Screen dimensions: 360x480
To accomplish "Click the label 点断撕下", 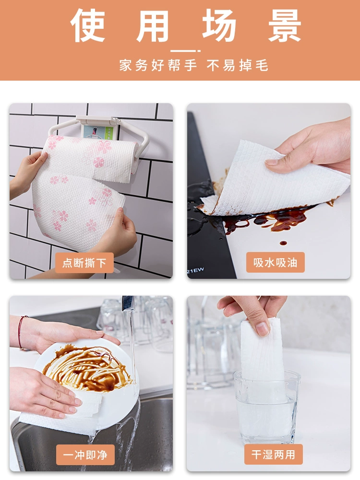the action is pos(84,263).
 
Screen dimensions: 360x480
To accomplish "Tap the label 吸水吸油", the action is pos(275,263).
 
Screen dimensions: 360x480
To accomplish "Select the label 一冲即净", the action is pos(85,455).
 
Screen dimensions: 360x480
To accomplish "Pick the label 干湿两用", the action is pos(274,454).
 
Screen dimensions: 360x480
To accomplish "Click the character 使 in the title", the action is pos(88,25).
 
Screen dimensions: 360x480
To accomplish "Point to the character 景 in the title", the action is pos(285,25).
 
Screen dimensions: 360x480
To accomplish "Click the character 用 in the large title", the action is pos(153,26).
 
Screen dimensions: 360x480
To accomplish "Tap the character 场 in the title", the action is pos(219,25).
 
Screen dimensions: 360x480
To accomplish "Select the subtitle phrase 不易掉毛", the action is pos(238,65).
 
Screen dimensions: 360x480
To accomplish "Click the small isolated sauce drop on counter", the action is pos(284,243).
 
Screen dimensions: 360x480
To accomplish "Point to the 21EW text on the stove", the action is pos(195,271).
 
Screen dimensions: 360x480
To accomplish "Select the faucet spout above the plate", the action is pos(128,303).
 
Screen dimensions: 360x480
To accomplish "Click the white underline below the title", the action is pos(185,51).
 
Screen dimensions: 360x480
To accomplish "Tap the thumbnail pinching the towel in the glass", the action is pos(263,329).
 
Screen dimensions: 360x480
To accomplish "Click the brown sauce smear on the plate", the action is pos(88,369).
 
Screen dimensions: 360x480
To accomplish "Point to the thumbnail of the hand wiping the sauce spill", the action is pos(272,162).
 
